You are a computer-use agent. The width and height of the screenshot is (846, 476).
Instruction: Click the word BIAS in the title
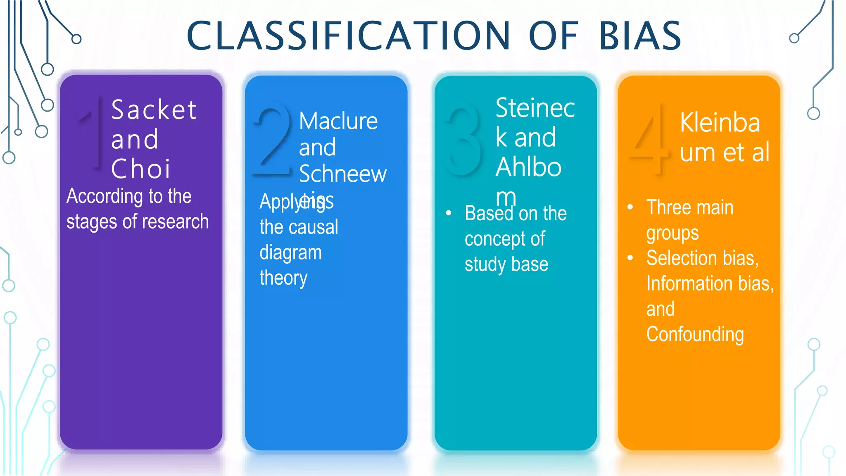pos(639,36)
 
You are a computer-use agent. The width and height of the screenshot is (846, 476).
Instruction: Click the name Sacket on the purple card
pos(154,110)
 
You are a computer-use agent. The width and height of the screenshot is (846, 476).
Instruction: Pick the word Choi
pos(140,169)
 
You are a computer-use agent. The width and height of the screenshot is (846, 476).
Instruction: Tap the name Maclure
pos(338,121)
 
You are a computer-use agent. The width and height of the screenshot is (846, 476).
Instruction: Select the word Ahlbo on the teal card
pos(528,167)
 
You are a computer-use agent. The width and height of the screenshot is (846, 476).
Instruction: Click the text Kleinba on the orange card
pos(720,123)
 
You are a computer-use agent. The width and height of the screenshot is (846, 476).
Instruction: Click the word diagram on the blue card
pos(290,253)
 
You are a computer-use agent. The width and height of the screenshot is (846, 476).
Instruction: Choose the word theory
pos(283,278)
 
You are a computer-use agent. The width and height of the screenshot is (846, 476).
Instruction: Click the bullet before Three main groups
pos(630,207)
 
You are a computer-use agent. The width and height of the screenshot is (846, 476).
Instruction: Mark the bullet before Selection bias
pos(630,258)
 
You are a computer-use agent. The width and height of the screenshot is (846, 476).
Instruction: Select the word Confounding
pos(695,334)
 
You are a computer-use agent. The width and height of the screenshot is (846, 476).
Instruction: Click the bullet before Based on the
pos(449,213)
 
